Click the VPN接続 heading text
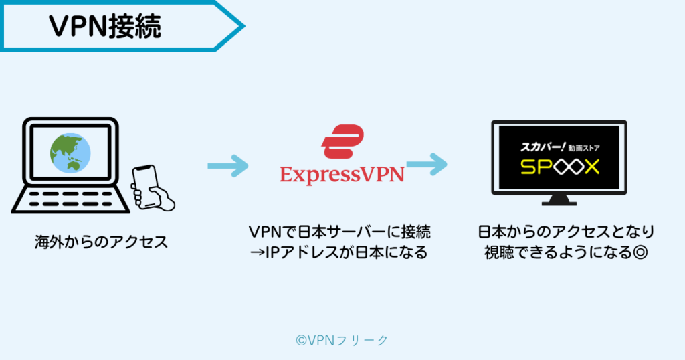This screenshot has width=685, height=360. coord(105,27)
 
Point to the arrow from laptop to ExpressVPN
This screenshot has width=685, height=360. coord(227,165)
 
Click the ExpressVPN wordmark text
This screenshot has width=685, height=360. coord(342,175)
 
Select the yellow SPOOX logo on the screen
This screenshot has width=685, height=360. coord(559,166)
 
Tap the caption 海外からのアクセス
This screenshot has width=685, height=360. coord(101,242)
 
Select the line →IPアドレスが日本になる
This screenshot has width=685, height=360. coord(341,253)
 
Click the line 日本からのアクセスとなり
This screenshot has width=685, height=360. coord(565,232)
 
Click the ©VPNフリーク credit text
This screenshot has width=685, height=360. coord(342,340)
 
